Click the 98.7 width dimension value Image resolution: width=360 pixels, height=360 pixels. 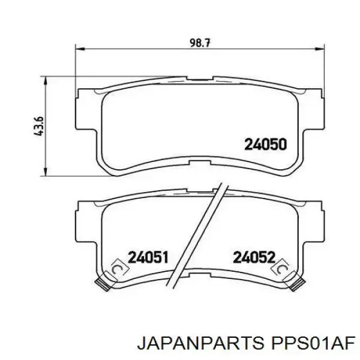200,43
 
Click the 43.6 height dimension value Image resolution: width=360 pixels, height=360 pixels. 39,126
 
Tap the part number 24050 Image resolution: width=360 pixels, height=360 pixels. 266,145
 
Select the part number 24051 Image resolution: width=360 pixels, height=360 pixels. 148,257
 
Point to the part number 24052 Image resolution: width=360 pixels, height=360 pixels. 254,257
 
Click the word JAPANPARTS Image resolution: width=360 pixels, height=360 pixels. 200,349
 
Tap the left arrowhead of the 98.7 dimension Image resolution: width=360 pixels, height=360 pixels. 80,49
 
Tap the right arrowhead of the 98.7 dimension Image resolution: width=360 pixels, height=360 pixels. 320,49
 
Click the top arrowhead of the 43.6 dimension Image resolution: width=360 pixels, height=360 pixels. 46,82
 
